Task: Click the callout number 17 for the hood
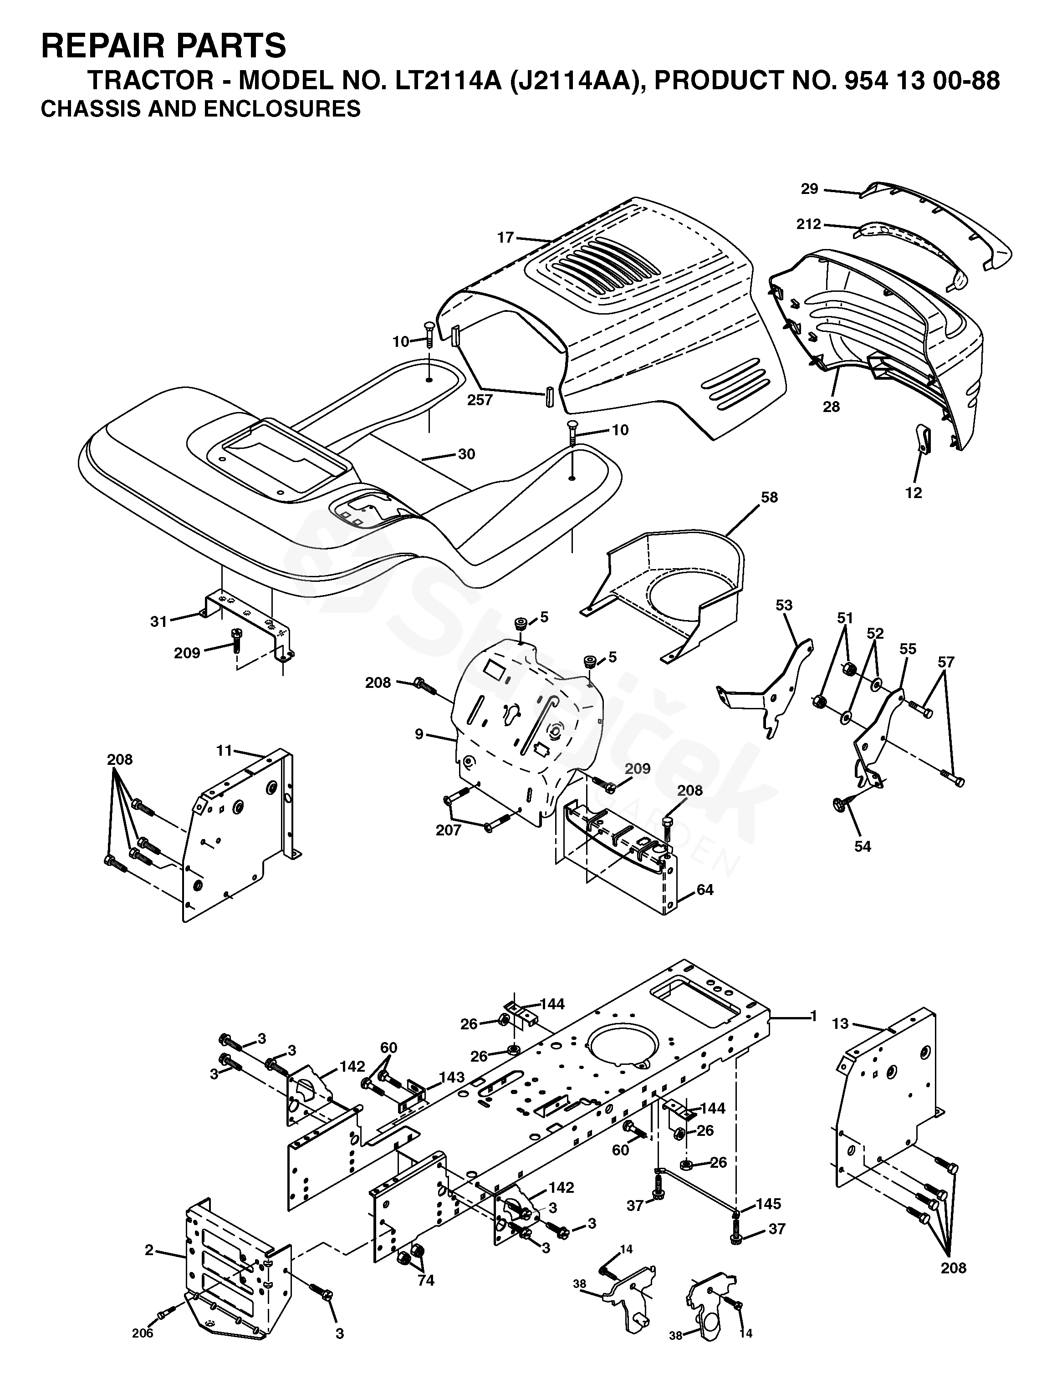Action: (x=505, y=238)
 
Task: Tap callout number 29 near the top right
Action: (x=810, y=188)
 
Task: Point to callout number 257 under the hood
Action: (x=480, y=399)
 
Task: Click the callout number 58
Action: (x=769, y=497)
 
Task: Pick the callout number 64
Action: (x=705, y=890)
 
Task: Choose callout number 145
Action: (x=769, y=1204)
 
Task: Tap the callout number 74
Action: (x=426, y=1280)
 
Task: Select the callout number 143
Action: (x=452, y=1077)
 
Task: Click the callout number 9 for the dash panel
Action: (x=419, y=735)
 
